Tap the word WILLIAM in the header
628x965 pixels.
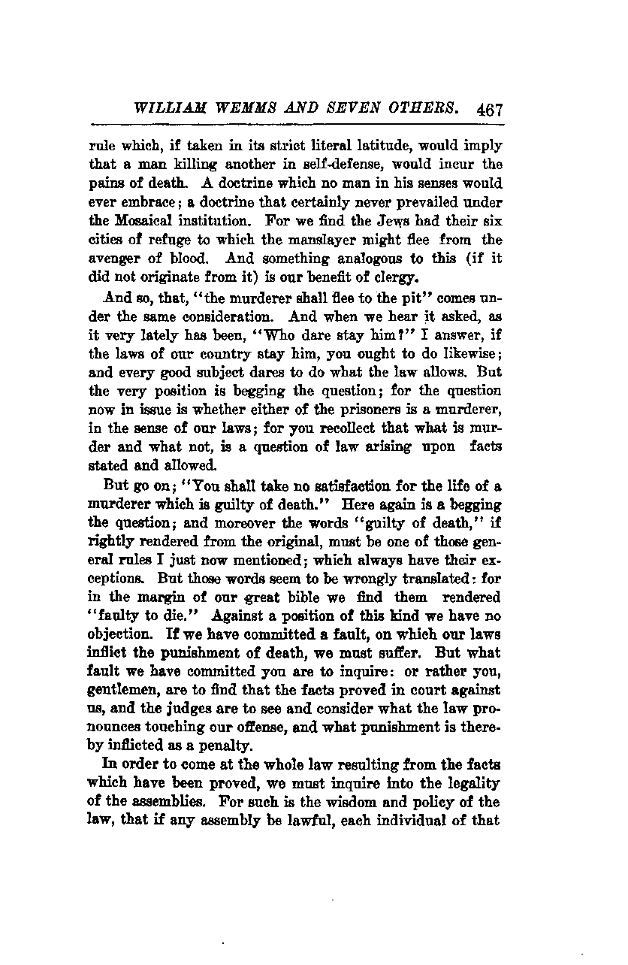(x=166, y=108)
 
